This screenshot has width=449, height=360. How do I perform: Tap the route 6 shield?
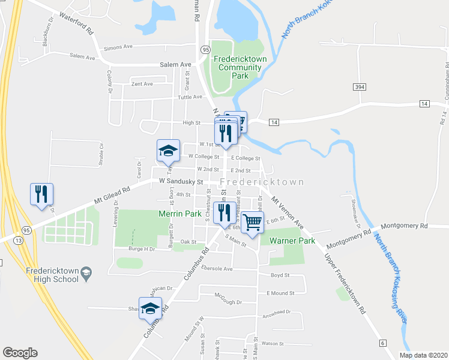(x=382, y=343)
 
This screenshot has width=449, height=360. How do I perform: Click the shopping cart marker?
(x=253, y=223)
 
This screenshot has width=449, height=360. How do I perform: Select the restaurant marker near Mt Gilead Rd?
(x=41, y=194)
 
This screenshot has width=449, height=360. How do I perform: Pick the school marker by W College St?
(x=169, y=151)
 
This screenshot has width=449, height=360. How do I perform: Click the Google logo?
(x=20, y=353)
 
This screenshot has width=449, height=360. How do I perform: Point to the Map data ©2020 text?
(x=423, y=355)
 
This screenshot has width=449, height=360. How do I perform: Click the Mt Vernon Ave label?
(x=288, y=209)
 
